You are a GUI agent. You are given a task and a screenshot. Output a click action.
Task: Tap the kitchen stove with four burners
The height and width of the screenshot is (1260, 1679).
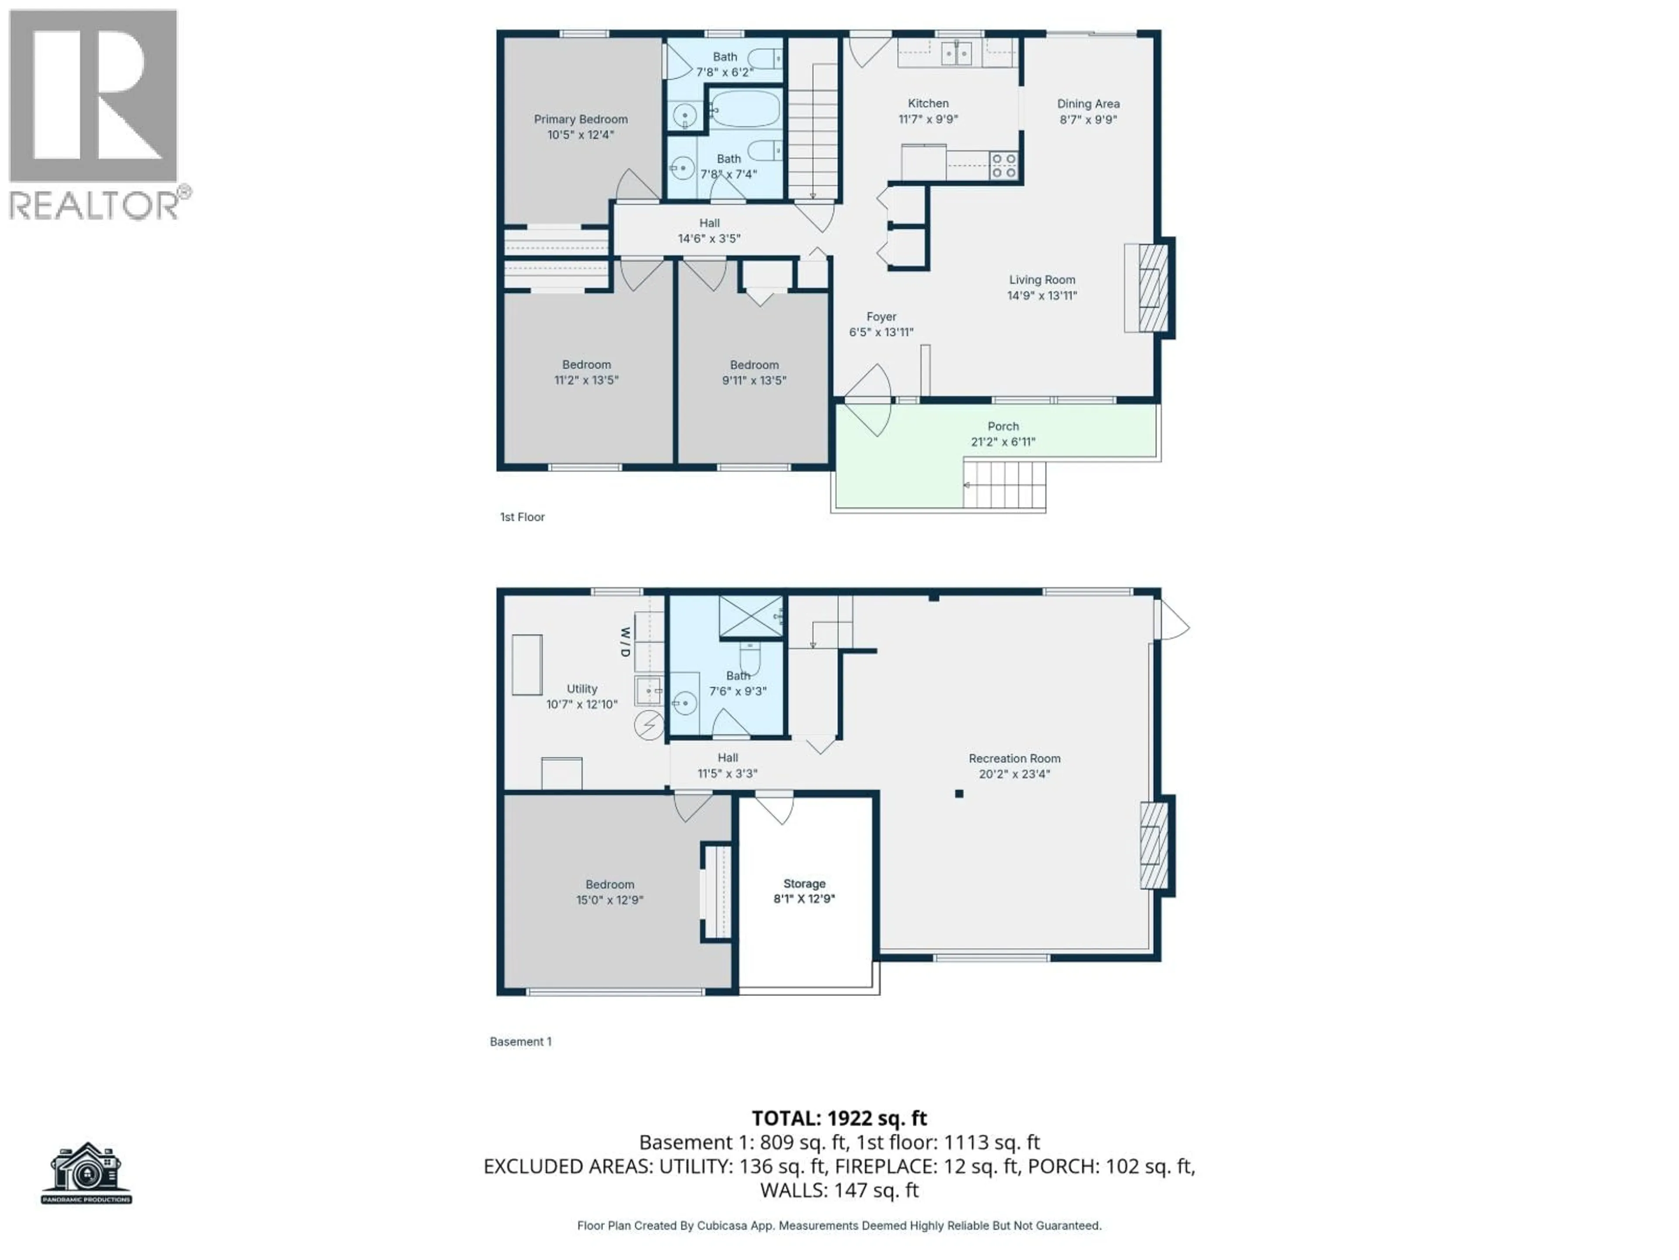(1003, 165)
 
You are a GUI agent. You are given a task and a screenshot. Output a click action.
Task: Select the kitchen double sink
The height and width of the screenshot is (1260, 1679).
(956, 54)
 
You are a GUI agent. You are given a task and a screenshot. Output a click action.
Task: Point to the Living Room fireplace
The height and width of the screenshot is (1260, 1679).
(1153, 288)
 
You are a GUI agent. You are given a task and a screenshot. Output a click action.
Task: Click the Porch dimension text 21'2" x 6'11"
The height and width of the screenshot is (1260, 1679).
(1003, 442)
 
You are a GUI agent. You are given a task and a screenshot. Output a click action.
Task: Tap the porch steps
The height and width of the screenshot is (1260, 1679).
(1004, 485)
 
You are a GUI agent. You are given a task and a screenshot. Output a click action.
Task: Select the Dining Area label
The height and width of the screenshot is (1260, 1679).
(1088, 104)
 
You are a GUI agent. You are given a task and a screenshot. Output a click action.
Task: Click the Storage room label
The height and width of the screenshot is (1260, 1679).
(804, 883)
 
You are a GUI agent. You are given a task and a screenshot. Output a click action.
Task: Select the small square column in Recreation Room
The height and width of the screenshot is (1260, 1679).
(959, 794)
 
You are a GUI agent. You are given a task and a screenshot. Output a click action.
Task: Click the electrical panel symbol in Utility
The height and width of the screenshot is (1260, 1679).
(648, 725)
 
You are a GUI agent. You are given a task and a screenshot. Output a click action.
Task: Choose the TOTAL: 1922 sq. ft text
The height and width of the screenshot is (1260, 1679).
(839, 1118)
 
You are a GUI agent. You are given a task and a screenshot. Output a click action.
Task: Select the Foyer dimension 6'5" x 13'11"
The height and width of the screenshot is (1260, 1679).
(881, 332)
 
